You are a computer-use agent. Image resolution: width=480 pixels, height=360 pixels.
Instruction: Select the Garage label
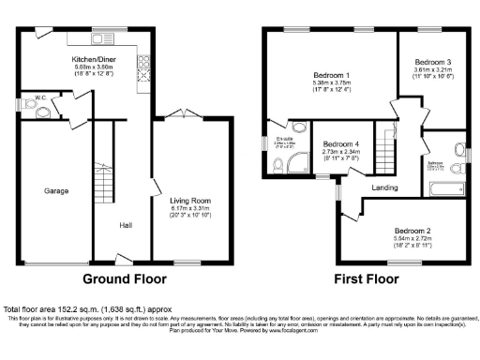[x=56, y=190]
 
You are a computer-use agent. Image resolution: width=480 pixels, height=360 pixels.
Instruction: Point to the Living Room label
[x=189, y=200]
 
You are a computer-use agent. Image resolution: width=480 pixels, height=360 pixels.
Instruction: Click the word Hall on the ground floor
[x=125, y=225]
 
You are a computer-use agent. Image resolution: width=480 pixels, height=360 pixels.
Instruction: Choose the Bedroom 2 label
[x=412, y=231]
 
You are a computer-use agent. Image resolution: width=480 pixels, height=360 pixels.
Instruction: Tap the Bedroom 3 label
[x=432, y=60]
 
